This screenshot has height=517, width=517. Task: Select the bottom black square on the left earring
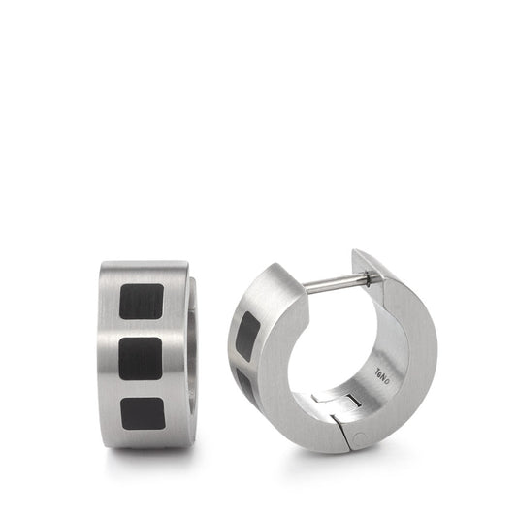(141, 410)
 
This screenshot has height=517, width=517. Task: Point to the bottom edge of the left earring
(145, 445)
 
